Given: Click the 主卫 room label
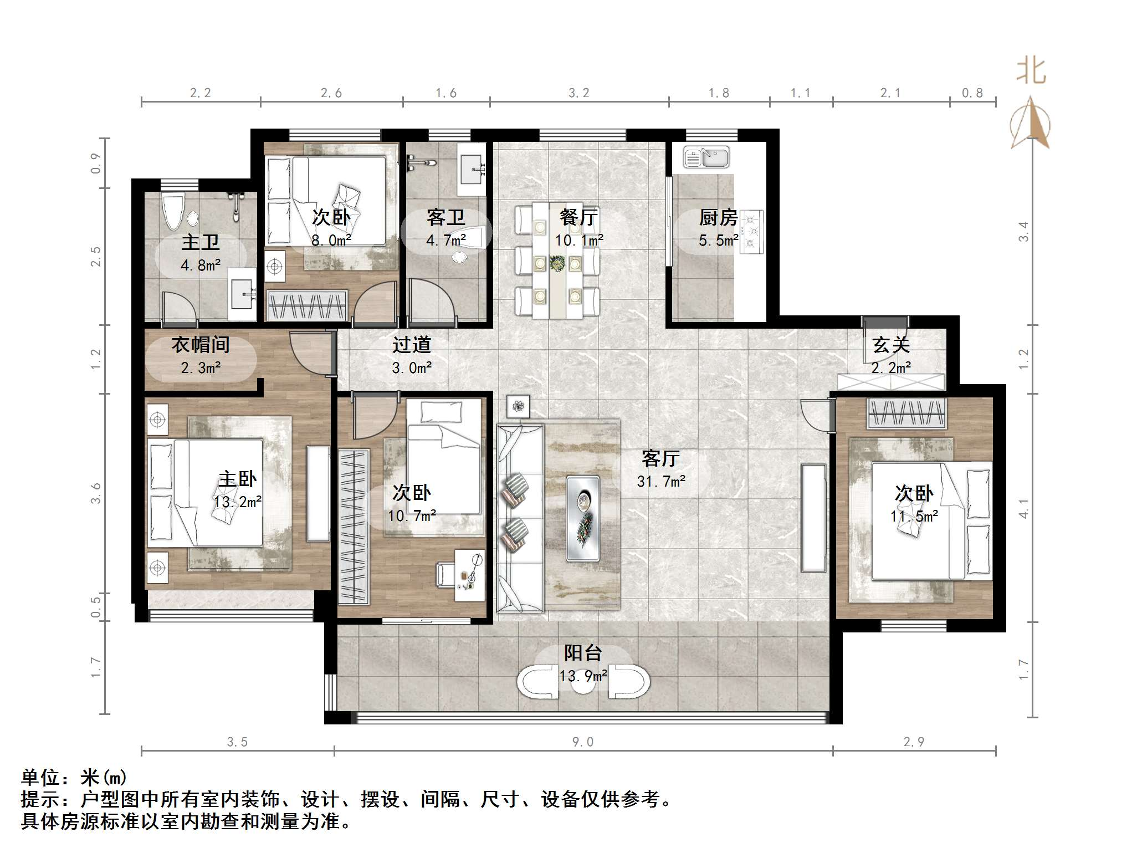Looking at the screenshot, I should coord(201,242).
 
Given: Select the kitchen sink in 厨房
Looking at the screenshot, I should coord(706,157).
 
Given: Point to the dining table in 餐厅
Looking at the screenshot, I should coord(557,261).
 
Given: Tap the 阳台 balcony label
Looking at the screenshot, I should coord(583,653).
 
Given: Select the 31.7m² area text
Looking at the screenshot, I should coord(661,481).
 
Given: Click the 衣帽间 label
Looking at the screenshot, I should coord(201,345).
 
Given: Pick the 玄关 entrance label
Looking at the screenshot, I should coord(891,345).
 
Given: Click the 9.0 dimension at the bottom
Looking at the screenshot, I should coord(583,742).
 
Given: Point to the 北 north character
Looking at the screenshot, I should coord(1031,72).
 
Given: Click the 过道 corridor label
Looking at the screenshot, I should coord(411,345).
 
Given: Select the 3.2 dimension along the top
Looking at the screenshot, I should coord(579,93).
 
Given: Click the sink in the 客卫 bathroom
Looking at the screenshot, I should coord(472,167).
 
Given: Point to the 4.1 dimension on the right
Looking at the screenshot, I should coord(1023,508).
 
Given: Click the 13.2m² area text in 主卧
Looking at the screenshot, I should coord(238,502).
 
